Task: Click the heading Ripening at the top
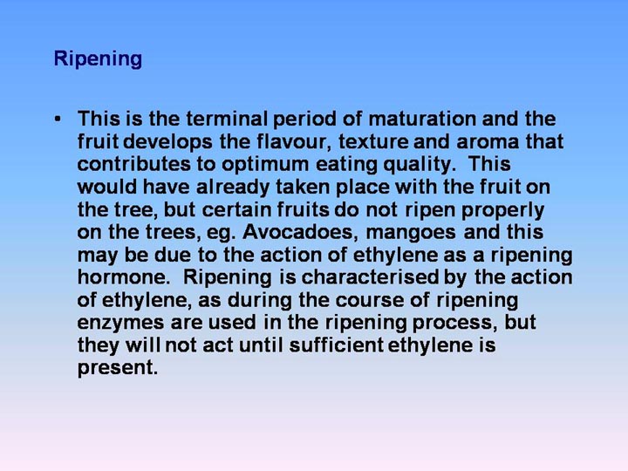[x=98, y=59]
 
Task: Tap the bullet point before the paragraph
[x=58, y=119]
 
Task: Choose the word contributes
[x=133, y=164]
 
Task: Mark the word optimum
[x=265, y=165]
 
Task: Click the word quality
[x=420, y=165]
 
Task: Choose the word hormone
[x=124, y=277]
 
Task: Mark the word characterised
[x=370, y=277]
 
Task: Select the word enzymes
[x=120, y=324]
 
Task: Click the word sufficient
[x=336, y=345]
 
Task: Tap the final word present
[x=118, y=368]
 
